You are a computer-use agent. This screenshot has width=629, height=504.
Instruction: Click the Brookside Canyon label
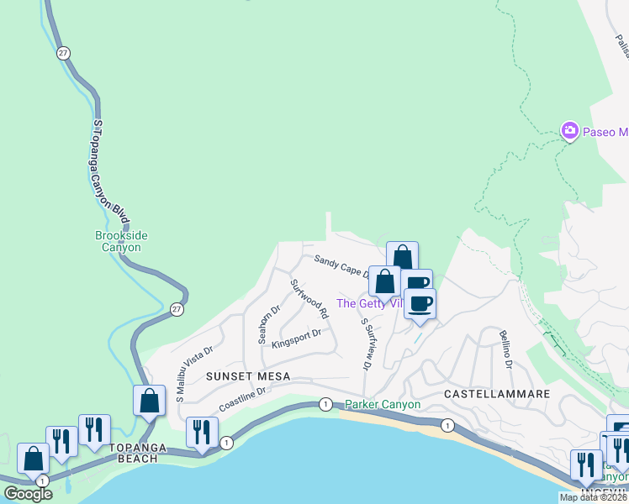[x=118, y=242]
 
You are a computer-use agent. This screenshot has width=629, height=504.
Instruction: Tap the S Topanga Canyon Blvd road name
[x=111, y=171]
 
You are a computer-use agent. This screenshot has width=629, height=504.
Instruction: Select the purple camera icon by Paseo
[x=570, y=131]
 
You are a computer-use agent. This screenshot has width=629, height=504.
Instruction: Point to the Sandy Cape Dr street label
[x=341, y=266]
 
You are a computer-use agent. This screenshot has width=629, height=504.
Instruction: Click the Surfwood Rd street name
[x=309, y=298]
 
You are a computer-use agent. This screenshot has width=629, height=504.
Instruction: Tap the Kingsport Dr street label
[x=297, y=337]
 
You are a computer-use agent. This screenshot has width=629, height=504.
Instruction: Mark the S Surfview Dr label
[x=366, y=344]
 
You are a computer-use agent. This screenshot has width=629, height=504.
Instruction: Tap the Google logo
[x=28, y=494]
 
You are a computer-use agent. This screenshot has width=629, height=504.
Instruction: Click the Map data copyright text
[x=593, y=497]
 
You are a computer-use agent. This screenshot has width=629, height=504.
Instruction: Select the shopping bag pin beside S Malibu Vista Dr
[x=149, y=401]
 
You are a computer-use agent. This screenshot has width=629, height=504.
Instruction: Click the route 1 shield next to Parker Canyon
[x=325, y=405]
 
